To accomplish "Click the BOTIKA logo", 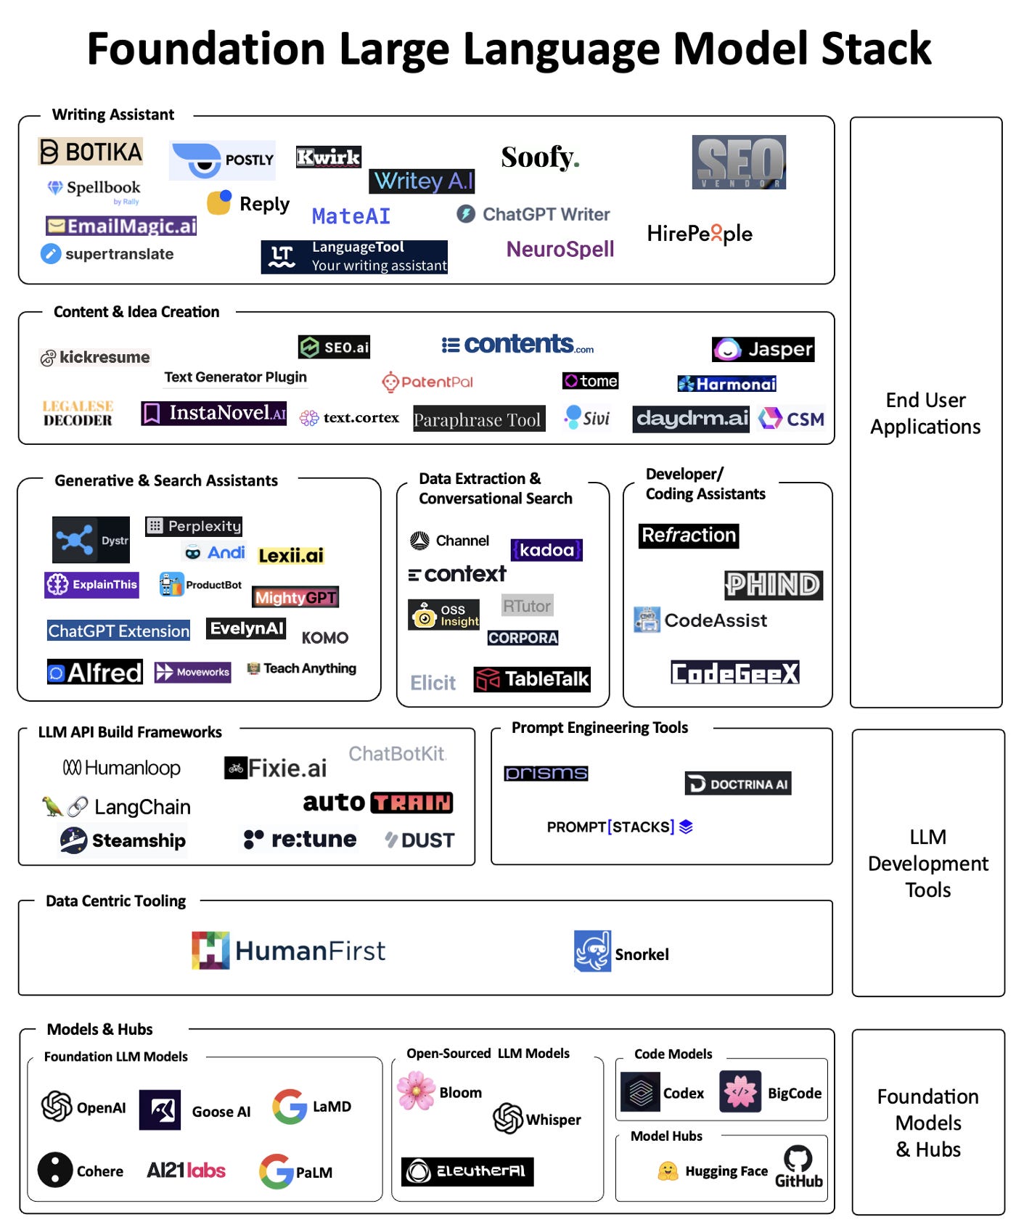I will pos(91,152).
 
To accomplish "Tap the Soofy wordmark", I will pos(540,157).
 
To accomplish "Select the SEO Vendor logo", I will pos(739,162).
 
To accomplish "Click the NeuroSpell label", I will pos(560,249).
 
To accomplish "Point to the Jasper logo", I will pos(763,349).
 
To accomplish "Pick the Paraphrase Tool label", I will pos(478,419).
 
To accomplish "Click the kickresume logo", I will pos(95,357).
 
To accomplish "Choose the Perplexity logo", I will pos(194,526).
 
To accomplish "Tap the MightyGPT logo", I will pos(295,597).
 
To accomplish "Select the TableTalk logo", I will pos(532,679).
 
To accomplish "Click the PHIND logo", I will pos(774,585).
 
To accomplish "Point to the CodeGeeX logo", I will pos(734,673).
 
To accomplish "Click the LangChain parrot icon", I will pos(52,806).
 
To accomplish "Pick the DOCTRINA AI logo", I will pos(738,784).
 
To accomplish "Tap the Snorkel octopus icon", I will pos(592,951).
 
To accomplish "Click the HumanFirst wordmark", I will pos(310,951).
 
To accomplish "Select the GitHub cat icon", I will pos(798,1158).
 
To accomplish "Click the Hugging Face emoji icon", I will pos(668,1170).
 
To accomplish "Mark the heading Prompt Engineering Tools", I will pos(599,728).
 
